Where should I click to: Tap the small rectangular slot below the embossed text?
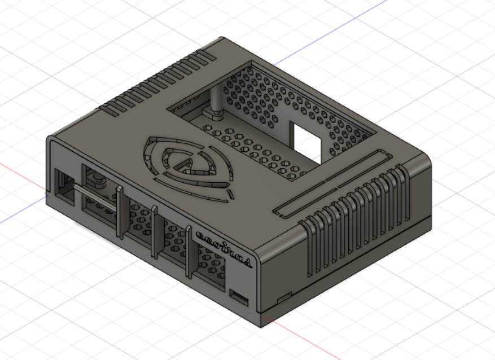point(240,297)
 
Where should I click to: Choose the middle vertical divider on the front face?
point(154,231)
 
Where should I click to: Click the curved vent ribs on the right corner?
point(356,220)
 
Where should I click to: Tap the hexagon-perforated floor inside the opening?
point(254,150)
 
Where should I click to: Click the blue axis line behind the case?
point(339,28)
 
